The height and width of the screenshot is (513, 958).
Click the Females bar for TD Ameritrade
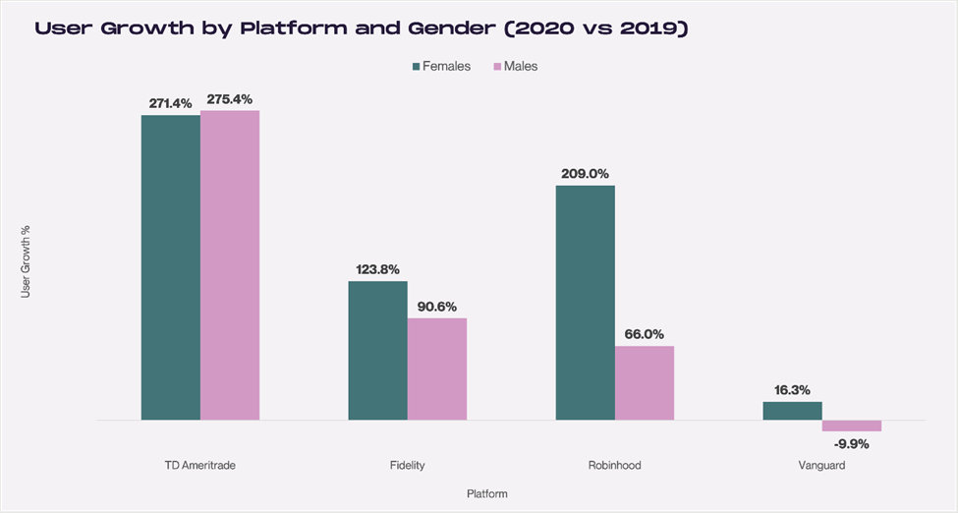(x=170, y=267)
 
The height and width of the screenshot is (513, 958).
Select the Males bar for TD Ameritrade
(x=230, y=265)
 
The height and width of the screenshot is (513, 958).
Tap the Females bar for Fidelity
(x=377, y=351)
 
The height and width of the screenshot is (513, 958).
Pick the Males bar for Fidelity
(x=437, y=369)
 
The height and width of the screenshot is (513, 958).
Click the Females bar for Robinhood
(x=585, y=303)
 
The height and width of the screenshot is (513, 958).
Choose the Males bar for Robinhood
(x=644, y=382)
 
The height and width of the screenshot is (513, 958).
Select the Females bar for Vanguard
(x=792, y=411)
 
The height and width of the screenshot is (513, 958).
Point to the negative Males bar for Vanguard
(x=851, y=426)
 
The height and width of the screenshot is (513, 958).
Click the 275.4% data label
(x=229, y=99)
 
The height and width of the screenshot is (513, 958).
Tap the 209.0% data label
(x=585, y=174)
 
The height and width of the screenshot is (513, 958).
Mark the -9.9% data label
(x=851, y=444)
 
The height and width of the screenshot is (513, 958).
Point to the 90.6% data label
(x=437, y=307)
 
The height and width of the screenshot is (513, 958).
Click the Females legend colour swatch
(x=416, y=66)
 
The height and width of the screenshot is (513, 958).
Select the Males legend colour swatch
(x=497, y=66)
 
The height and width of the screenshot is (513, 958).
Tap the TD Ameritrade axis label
(x=199, y=465)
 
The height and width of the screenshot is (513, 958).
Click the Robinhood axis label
(x=615, y=465)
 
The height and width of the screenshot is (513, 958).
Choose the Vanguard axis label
(x=821, y=465)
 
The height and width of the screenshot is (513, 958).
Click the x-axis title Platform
(x=487, y=494)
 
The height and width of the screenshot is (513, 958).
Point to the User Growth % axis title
(x=26, y=261)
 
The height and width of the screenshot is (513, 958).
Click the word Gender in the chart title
(x=452, y=28)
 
